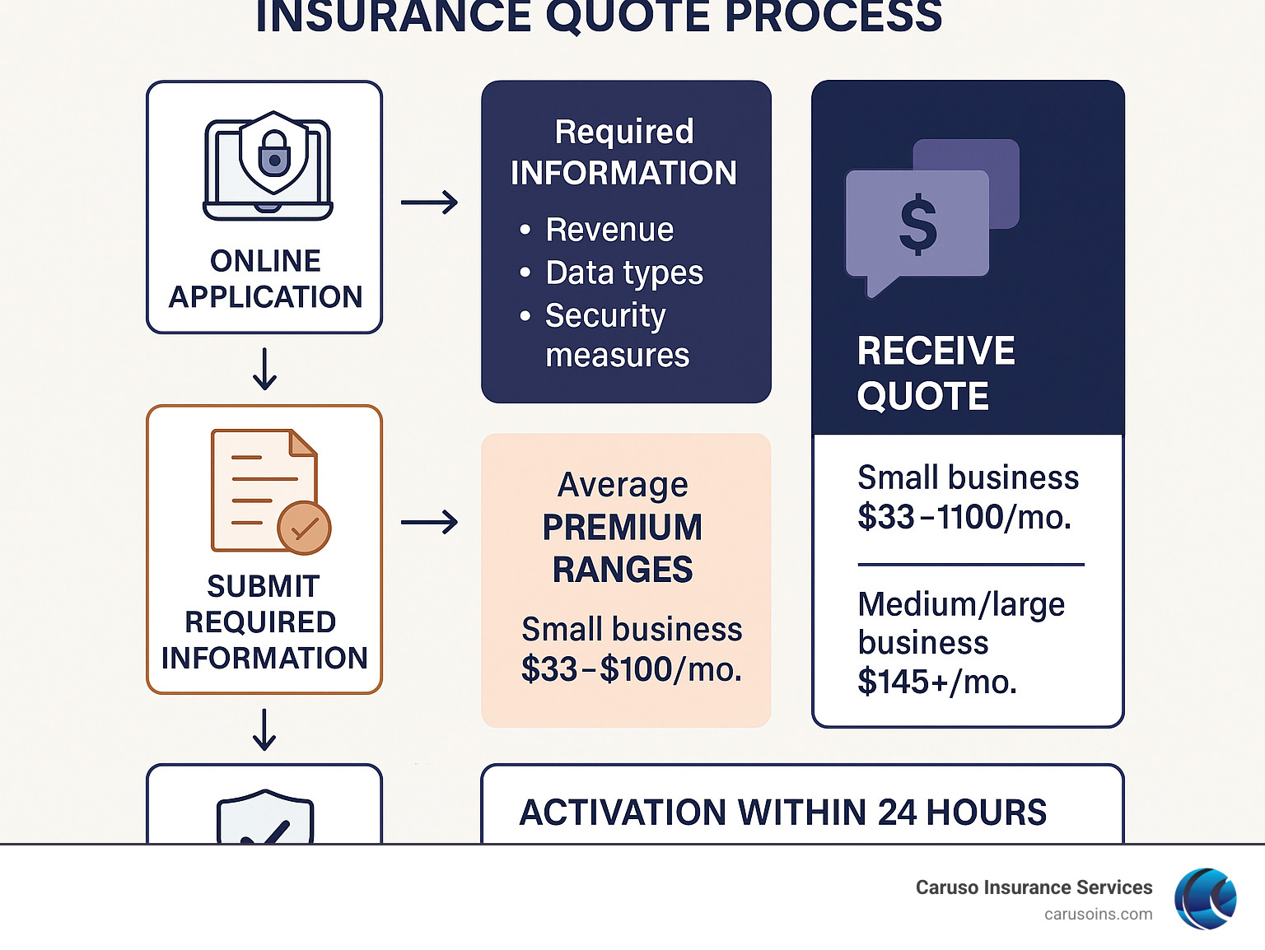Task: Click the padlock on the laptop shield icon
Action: pyautogui.click(x=273, y=154)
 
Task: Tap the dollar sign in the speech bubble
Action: pyautogui.click(x=917, y=224)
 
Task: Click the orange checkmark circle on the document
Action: pyautogui.click(x=304, y=528)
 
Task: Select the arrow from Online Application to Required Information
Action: pyautogui.click(x=429, y=202)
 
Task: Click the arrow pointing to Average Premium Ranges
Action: pyautogui.click(x=429, y=522)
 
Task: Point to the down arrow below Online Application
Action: pyautogui.click(x=264, y=369)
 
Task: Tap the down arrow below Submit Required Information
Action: pyautogui.click(x=264, y=729)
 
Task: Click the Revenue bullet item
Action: pyautogui.click(x=609, y=230)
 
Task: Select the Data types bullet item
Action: pyautogui.click(x=624, y=272)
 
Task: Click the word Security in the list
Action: pyautogui.click(x=605, y=315)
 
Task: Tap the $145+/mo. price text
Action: pyautogui.click(x=937, y=682)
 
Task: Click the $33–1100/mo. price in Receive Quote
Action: pyautogui.click(x=964, y=517)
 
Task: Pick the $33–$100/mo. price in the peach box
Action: pyautogui.click(x=632, y=669)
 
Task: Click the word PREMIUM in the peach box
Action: pyautogui.click(x=623, y=527)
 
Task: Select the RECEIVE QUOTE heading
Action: pyautogui.click(x=936, y=373)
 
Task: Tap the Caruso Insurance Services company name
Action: pyautogui.click(x=1034, y=887)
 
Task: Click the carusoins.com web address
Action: pyautogui.click(x=1098, y=914)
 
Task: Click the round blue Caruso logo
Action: pyautogui.click(x=1206, y=899)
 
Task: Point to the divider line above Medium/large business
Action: pyautogui.click(x=970, y=565)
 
